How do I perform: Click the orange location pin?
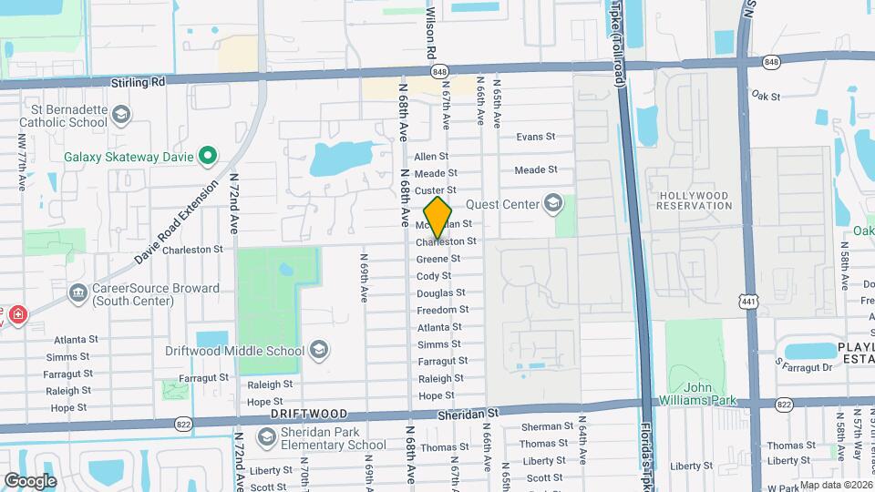point(438,217)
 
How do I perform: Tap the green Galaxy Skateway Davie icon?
point(207,156)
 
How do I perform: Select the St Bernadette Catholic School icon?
point(122,115)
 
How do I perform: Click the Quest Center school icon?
point(552,203)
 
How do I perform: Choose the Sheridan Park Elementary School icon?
point(266,437)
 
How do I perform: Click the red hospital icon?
point(17,314)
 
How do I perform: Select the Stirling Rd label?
point(138,81)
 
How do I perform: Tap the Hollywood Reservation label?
point(695,200)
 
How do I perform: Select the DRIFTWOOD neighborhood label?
point(308,414)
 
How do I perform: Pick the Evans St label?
point(535,137)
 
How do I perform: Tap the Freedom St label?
point(443,310)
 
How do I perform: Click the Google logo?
point(30,480)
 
